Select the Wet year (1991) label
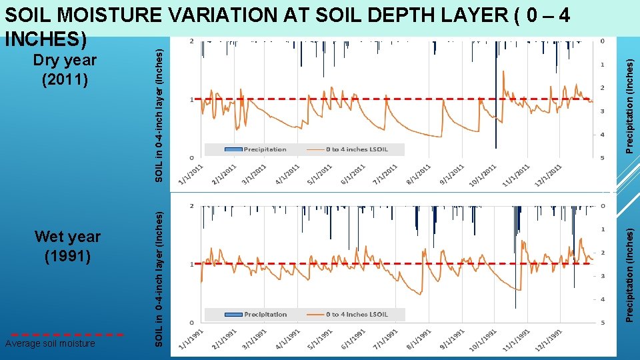click(x=67, y=246)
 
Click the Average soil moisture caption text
click(x=50, y=343)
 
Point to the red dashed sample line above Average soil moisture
click(x=67, y=334)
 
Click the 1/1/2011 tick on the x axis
click(x=191, y=171)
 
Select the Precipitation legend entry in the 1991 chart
click(x=257, y=314)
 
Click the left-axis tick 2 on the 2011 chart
click(x=192, y=41)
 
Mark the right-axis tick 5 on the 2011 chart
click(x=603, y=158)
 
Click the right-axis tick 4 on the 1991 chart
click(x=603, y=299)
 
